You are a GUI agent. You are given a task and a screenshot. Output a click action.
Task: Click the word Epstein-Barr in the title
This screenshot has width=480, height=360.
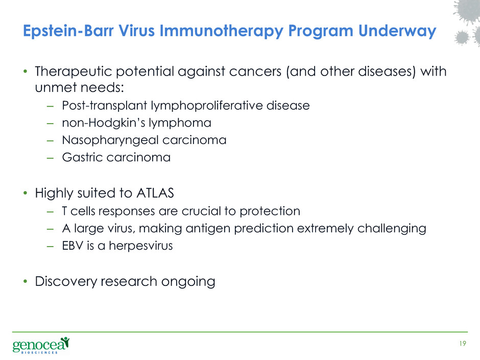[68, 31]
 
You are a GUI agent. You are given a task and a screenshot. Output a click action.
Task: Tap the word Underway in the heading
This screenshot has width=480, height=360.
[397, 31]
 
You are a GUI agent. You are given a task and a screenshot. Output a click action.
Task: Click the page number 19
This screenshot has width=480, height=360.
[463, 343]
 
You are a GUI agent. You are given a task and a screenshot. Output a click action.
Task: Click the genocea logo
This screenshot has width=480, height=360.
[41, 345]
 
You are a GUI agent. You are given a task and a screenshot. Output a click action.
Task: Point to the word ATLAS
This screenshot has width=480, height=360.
[155, 193]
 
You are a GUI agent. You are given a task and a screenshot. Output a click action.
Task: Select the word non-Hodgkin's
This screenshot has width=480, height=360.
[104, 123]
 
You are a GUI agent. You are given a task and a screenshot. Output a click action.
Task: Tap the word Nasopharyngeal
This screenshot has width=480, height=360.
[110, 140]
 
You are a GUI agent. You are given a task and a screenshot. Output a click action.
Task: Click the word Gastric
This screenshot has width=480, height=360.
[83, 157]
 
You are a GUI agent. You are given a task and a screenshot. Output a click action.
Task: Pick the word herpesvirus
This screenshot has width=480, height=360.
[141, 246]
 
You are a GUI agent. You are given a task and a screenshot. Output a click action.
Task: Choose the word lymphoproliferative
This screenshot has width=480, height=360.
[207, 106]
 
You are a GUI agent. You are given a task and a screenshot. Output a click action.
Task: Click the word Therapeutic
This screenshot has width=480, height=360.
[74, 72]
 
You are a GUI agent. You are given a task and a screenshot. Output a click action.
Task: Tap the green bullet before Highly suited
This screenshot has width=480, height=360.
[26, 193]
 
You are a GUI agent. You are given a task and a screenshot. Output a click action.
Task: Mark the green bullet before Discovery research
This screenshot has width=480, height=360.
[26, 281]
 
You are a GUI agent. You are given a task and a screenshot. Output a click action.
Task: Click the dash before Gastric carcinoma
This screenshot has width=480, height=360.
[50, 158]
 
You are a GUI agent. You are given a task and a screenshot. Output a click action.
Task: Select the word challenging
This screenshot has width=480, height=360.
[392, 229]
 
